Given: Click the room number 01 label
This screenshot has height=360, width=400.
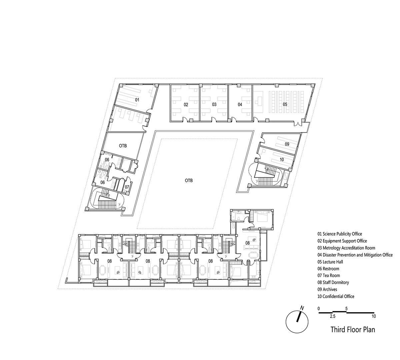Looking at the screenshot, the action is point(137,100).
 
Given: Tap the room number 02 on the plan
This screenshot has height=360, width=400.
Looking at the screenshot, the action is point(186,105).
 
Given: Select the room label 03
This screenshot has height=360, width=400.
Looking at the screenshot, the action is point(214,104).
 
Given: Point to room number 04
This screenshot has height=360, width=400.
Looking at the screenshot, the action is point(240,104).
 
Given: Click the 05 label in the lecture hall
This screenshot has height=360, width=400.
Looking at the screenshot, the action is point(285,104).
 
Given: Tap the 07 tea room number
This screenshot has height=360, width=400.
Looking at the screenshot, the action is point(127,187).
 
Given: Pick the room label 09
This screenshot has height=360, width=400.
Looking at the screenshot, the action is point(287,144).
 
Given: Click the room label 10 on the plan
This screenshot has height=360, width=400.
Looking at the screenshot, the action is point(282,160).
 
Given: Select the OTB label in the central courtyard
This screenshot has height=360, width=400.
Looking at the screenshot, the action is point(189,180).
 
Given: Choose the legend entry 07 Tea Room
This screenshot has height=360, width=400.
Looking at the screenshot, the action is point(329,275).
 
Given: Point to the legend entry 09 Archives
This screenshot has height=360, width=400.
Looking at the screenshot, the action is point(327,289).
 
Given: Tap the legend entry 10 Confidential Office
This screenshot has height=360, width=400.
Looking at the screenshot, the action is point(336,296).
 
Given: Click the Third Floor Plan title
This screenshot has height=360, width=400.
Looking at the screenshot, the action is point(353,329).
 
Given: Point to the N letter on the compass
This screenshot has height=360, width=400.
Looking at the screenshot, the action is point(302,308).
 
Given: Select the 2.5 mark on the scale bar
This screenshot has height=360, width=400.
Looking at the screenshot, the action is point(333,316).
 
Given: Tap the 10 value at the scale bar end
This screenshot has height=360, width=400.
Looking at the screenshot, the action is point(374,316).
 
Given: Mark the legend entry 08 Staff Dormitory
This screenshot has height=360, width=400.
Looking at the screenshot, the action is point(333,282).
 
